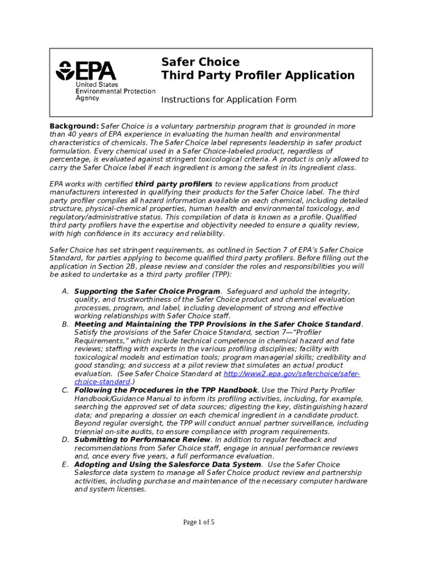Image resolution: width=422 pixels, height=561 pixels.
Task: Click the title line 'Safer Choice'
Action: [x=200, y=62]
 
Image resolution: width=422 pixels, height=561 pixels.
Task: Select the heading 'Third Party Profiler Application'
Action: [x=258, y=76]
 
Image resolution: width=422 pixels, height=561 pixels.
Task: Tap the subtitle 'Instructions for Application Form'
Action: [x=229, y=100]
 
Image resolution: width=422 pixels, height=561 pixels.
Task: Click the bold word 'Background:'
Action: [x=74, y=126]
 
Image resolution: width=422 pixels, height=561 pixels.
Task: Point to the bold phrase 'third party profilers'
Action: [x=174, y=184]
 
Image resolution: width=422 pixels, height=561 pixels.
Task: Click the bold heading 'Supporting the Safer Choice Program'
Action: [x=147, y=291]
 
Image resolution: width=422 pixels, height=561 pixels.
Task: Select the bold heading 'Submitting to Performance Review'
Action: [x=142, y=439]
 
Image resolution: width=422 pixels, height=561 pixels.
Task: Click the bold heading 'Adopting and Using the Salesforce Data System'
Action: [x=168, y=465]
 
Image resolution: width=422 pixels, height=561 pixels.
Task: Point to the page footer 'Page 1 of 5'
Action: [x=199, y=522]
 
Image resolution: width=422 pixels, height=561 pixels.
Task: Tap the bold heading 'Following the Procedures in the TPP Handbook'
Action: [x=166, y=390]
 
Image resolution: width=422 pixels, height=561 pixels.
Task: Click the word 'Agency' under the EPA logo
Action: [x=88, y=98]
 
